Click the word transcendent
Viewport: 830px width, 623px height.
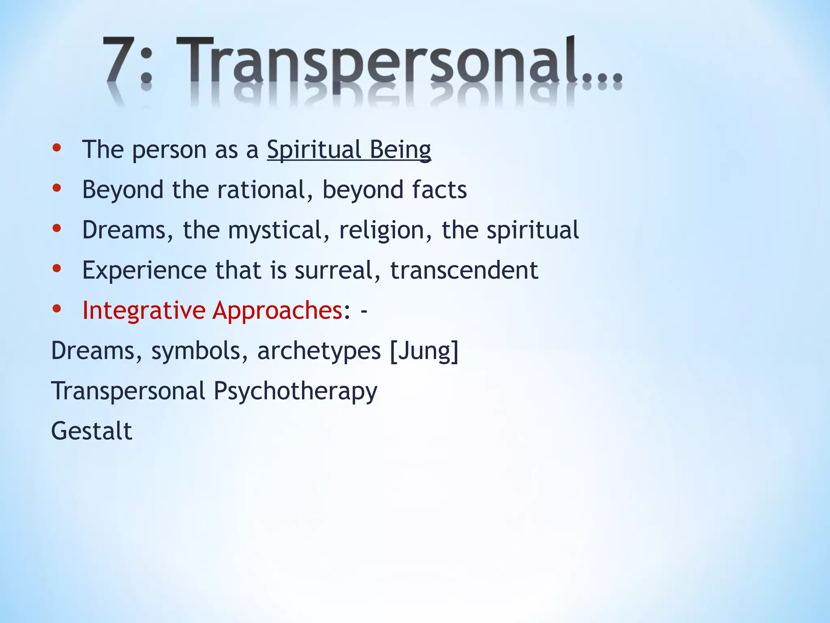pyautogui.click(x=464, y=270)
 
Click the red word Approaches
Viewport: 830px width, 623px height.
pyautogui.click(x=278, y=310)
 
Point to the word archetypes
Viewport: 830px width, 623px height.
pyautogui.click(x=319, y=350)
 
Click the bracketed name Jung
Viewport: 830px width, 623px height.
pyautogui.click(x=424, y=350)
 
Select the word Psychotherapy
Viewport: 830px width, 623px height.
pyautogui.click(x=295, y=391)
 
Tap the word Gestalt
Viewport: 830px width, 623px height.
pyautogui.click(x=92, y=431)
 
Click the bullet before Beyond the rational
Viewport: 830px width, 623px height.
pyautogui.click(x=57, y=188)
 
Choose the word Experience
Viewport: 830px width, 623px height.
pyautogui.click(x=144, y=270)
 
